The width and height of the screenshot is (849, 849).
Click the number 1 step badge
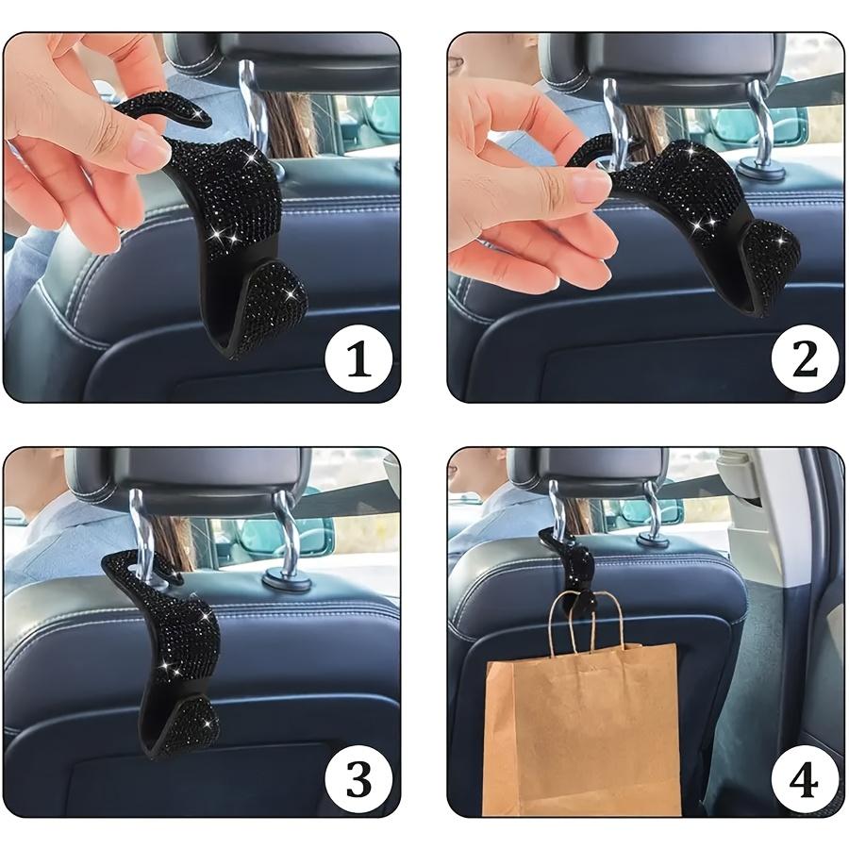(x=358, y=359)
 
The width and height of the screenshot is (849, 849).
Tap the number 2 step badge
(x=805, y=359)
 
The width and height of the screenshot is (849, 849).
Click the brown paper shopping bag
(x=581, y=726)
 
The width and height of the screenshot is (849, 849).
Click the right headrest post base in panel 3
(x=287, y=579)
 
